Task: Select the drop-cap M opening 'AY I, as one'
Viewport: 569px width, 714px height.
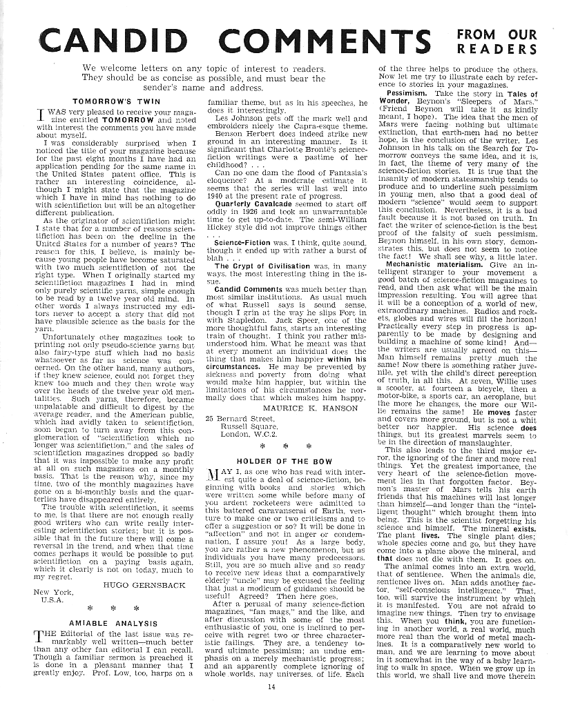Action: (214, 475)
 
